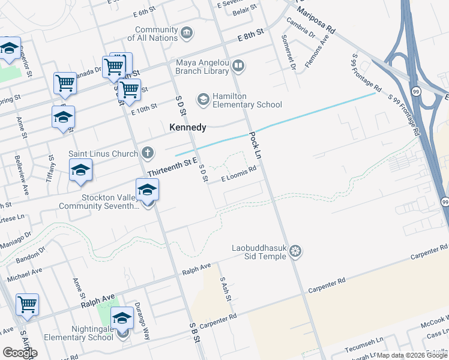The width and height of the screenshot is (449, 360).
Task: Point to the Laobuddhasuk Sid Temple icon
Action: (x=295, y=250)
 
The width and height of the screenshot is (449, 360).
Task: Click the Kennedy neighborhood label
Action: (x=187, y=127)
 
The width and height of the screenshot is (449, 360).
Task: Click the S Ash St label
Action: (x=224, y=289)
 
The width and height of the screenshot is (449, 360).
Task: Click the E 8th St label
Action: (x=250, y=37)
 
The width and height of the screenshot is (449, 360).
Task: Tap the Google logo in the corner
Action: (x=20, y=353)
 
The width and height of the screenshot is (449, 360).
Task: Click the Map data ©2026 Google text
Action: (x=412, y=355)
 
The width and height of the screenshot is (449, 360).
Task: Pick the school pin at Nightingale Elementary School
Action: (x=122, y=319)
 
